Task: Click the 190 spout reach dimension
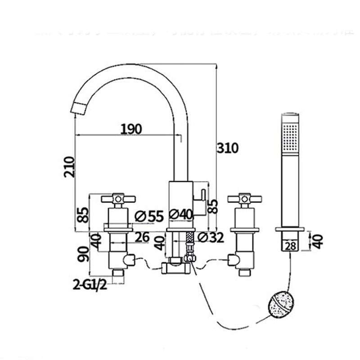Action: pos(131,129)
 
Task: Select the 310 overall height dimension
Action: pos(228,148)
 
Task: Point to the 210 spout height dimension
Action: pos(69,167)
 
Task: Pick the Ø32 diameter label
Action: pos(211,238)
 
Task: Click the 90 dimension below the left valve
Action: pos(82,254)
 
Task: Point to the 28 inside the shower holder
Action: pos(290,245)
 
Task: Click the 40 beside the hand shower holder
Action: pos(318,241)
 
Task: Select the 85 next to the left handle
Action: pos(82,215)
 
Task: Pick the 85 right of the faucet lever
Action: pos(214,206)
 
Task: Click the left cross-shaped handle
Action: pos(118,198)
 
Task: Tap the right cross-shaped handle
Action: pos(244,198)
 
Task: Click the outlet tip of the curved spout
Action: pos(77,109)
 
